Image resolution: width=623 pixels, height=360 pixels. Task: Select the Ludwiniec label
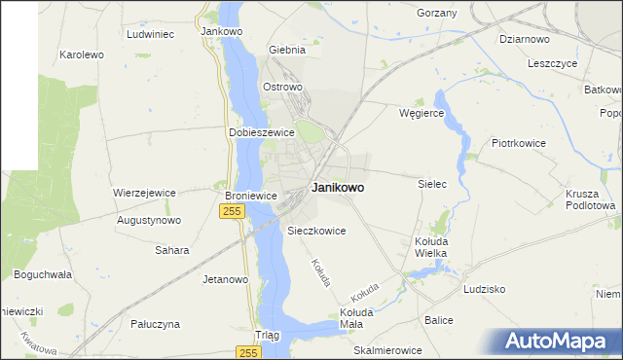click(x=150, y=33)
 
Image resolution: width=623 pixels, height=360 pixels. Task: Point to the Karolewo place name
click(x=82, y=54)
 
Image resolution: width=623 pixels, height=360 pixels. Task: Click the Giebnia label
click(x=287, y=50)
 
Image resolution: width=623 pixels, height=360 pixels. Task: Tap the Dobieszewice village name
click(x=261, y=132)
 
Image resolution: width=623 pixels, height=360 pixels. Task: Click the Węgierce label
click(x=421, y=114)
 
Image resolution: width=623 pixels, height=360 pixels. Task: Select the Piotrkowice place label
click(x=519, y=143)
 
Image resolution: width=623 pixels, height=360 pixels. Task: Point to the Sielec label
click(x=431, y=183)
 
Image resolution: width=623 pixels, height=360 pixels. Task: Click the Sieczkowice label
click(x=316, y=231)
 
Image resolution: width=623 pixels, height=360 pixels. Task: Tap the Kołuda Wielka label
click(x=430, y=247)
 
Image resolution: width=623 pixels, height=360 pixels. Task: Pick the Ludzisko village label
click(x=485, y=289)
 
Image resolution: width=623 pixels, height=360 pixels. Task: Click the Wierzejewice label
click(x=144, y=193)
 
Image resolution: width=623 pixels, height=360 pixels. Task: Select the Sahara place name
click(x=171, y=250)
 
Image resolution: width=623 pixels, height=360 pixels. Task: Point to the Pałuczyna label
click(x=156, y=323)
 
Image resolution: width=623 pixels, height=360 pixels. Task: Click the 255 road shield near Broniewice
click(x=231, y=213)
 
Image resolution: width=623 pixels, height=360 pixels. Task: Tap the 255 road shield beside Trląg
click(x=248, y=352)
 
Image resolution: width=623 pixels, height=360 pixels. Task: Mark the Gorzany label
click(x=436, y=13)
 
